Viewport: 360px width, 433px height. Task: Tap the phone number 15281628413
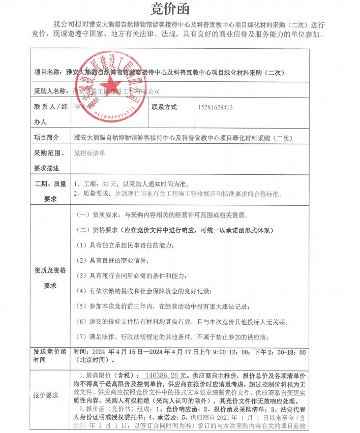[216, 108]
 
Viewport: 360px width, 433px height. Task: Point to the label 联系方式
[164, 108]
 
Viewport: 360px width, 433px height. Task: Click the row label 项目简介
[46, 138]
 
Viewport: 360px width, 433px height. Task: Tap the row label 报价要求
[46, 395]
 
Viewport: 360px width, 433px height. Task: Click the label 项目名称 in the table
[50, 73]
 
